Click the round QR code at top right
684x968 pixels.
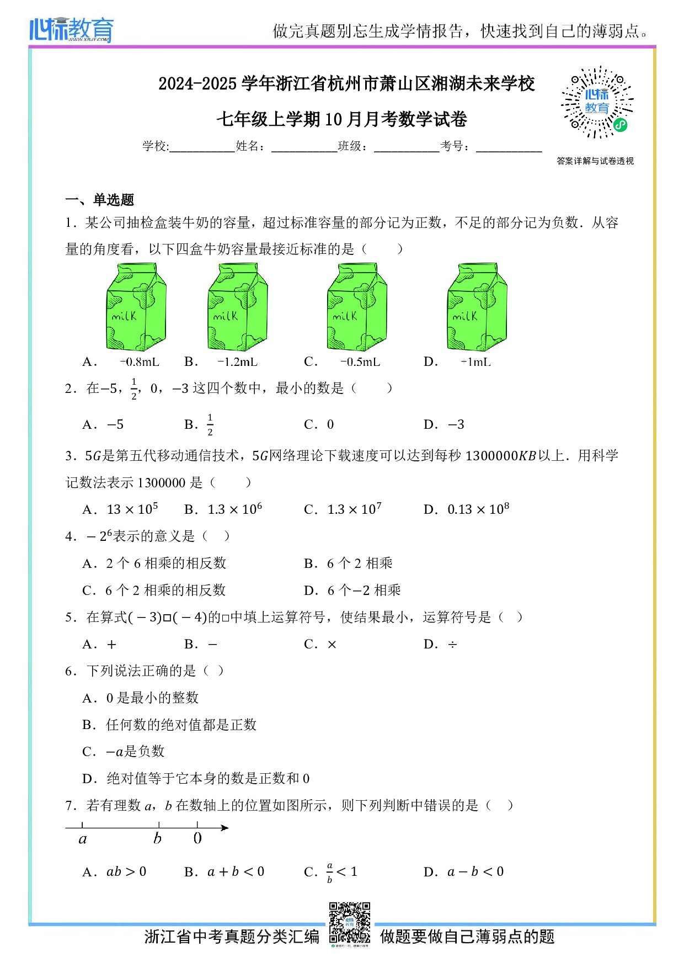click(x=597, y=103)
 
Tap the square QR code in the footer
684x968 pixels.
click(x=349, y=923)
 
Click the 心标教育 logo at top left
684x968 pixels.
click(x=72, y=30)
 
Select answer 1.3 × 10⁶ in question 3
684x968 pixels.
click(x=234, y=509)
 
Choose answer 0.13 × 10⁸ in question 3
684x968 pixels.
click(x=478, y=509)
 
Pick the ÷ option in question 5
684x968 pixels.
click(x=452, y=645)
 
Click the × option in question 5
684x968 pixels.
click(x=332, y=645)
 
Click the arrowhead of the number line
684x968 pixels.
click(x=225, y=827)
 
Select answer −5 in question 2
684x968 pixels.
click(x=115, y=425)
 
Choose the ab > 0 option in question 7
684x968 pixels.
click(x=126, y=872)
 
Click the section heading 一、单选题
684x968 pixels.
click(x=100, y=200)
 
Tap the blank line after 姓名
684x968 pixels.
click(x=304, y=147)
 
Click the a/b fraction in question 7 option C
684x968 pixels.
click(x=330, y=873)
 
